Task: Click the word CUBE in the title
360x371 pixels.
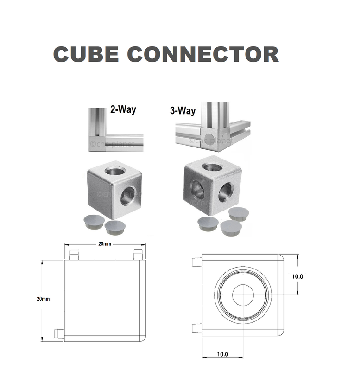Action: (x=86, y=55)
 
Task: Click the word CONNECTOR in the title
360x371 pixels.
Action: (x=202, y=55)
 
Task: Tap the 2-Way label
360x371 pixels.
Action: (x=123, y=110)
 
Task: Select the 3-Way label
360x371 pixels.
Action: (x=183, y=111)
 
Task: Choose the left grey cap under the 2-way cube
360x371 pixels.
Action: (x=93, y=221)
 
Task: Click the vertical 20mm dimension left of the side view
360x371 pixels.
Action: (x=43, y=299)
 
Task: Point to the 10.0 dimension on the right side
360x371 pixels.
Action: (x=297, y=276)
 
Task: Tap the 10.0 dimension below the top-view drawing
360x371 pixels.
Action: (x=222, y=354)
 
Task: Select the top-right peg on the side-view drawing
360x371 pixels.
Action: (x=138, y=254)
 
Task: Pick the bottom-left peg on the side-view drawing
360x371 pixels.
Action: (x=58, y=333)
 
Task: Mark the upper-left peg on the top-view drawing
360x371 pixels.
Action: (x=196, y=262)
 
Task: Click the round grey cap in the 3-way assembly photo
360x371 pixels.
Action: (x=210, y=138)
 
